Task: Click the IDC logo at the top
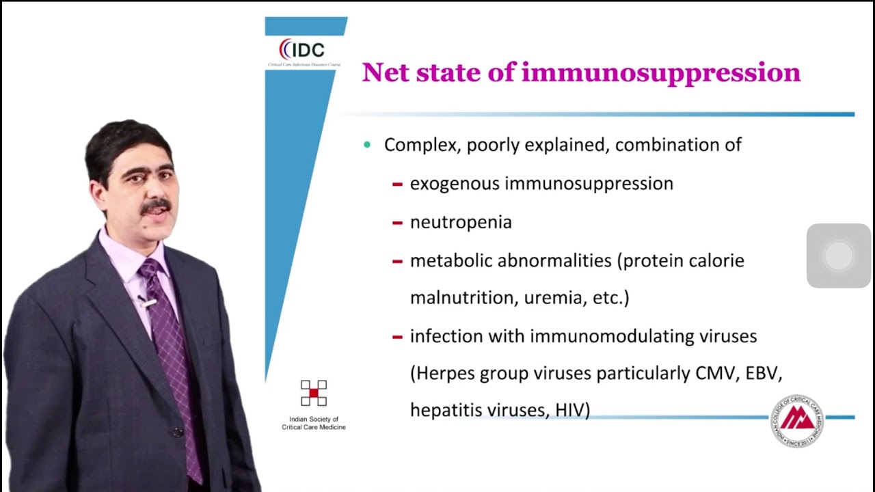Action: pyautogui.click(x=301, y=50)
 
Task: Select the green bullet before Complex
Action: pyautogui.click(x=368, y=145)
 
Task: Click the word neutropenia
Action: pyautogui.click(x=461, y=222)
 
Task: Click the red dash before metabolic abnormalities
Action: pyautogui.click(x=397, y=261)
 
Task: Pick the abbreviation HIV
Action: pyautogui.click(x=571, y=409)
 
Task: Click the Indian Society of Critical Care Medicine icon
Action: pyautogui.click(x=314, y=393)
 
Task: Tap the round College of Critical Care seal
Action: pyautogui.click(x=797, y=421)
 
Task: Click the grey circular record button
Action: pyautogui.click(x=839, y=256)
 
